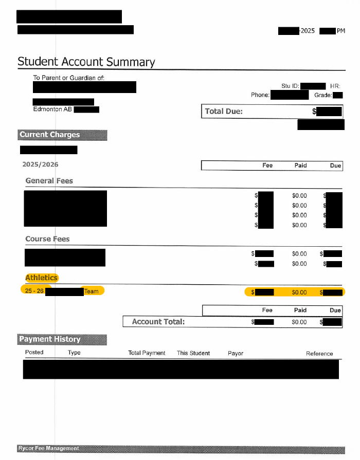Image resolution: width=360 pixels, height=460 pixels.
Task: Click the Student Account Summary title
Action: click(86, 62)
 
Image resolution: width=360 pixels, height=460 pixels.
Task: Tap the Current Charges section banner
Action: click(50, 135)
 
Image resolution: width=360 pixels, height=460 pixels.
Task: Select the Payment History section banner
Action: click(50, 339)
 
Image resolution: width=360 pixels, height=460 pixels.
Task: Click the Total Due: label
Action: click(224, 112)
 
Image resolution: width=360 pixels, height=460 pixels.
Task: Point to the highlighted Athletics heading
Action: click(42, 278)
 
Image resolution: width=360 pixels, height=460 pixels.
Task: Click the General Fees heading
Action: click(49, 181)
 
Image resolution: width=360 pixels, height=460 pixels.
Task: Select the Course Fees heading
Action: click(47, 239)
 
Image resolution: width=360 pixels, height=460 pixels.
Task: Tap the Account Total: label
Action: click(158, 322)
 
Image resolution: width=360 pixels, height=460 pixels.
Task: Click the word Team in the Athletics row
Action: click(92, 291)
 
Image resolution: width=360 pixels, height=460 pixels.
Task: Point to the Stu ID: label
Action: click(290, 86)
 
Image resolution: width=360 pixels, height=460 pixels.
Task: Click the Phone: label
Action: click(260, 95)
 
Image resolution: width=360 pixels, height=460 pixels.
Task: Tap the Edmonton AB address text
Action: click(53, 109)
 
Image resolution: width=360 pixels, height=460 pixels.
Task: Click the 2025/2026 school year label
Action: click(40, 164)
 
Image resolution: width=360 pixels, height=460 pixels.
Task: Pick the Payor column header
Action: click(236, 353)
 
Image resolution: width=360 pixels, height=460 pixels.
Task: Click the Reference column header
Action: click(319, 354)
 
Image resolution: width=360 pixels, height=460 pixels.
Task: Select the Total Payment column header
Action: click(147, 353)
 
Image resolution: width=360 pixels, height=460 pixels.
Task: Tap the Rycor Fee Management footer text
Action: click(48, 448)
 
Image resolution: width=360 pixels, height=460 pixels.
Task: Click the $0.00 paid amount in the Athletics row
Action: click(299, 292)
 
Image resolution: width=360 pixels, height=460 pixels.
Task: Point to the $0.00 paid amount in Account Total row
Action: click(299, 322)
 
